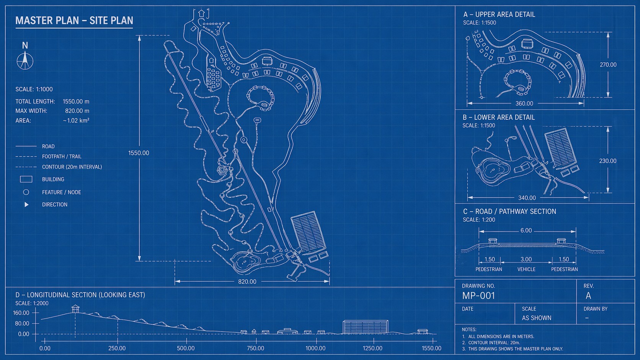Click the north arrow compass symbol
25,60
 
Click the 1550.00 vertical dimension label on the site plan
139,153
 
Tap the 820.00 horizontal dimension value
247,282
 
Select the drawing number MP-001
478,296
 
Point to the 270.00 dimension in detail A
608,65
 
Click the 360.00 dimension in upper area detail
524,104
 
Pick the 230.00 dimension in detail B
608,161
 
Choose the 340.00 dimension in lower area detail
527,198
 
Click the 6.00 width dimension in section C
526,231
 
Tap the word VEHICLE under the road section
526,269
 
